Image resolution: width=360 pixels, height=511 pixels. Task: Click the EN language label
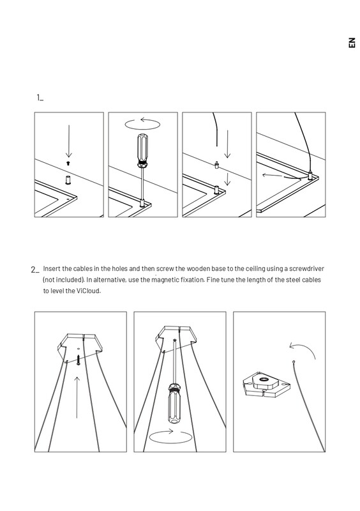tap(352, 43)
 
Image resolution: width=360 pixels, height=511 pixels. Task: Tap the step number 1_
tap(40, 98)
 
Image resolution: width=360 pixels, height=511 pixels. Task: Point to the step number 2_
tap(35, 270)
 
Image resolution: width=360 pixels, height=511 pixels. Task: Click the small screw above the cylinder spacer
tap(68, 162)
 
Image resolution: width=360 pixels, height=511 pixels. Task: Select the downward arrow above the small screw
tap(69, 141)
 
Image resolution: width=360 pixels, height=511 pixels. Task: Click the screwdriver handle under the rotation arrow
tap(143, 149)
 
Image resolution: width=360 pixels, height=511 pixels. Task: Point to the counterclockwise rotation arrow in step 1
tap(142, 124)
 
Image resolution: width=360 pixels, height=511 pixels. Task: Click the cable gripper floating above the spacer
tap(216, 165)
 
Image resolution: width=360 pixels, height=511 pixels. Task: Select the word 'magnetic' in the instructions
tap(165, 280)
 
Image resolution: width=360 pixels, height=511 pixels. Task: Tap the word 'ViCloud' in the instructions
tap(88, 291)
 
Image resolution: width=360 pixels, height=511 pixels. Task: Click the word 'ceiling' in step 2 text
tap(255, 269)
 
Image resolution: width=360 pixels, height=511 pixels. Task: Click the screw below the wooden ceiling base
tap(79, 360)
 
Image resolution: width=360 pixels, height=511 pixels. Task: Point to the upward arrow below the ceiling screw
tap(77, 397)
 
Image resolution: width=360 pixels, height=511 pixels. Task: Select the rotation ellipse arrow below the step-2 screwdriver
tap(170, 438)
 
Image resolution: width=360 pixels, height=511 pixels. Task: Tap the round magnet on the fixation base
tap(263, 379)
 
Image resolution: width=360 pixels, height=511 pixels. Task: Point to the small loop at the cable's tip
tap(294, 362)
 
